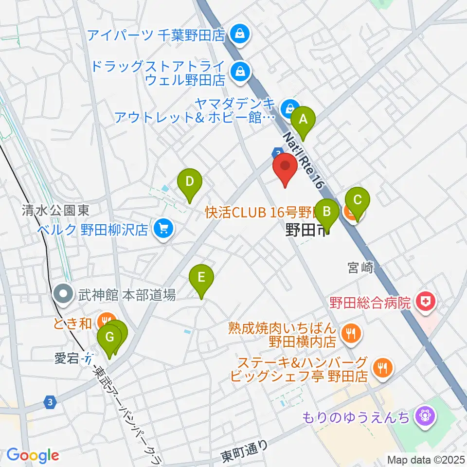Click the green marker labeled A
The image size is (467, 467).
coord(303,119)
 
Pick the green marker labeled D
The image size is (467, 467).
coord(190,182)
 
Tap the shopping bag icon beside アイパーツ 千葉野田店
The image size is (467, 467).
coord(240,34)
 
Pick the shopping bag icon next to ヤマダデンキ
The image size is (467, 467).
coord(290,106)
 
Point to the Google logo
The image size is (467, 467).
coord(33,455)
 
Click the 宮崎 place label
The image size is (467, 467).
coord(360,267)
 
